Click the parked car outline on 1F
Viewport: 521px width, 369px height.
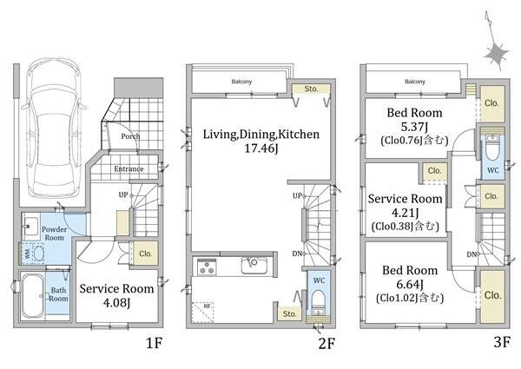click(53, 128)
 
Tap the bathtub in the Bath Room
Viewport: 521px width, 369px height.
click(32, 296)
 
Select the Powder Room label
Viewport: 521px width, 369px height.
click(54, 234)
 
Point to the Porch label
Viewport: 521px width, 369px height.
click(130, 136)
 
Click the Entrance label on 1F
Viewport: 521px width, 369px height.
click(129, 168)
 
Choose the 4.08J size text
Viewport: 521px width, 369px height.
click(116, 303)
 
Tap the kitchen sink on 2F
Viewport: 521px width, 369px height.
click(254, 266)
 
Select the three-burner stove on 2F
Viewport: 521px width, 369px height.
click(207, 267)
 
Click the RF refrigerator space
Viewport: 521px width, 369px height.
click(202, 312)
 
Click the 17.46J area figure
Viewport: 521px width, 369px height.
click(260, 148)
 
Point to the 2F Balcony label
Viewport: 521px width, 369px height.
click(241, 82)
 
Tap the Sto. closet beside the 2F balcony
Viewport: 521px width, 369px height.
click(311, 89)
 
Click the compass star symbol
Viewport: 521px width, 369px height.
click(497, 53)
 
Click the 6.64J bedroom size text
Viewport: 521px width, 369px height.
click(409, 284)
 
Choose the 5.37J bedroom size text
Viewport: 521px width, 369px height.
click(415, 127)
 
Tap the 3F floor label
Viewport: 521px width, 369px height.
click(501, 341)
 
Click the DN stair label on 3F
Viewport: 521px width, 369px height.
click(472, 254)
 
